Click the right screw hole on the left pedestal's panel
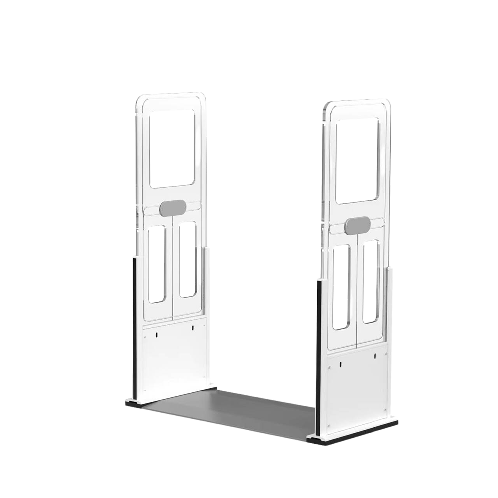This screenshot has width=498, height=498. click(x=192, y=328)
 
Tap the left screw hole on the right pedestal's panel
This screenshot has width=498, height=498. click(x=340, y=363)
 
